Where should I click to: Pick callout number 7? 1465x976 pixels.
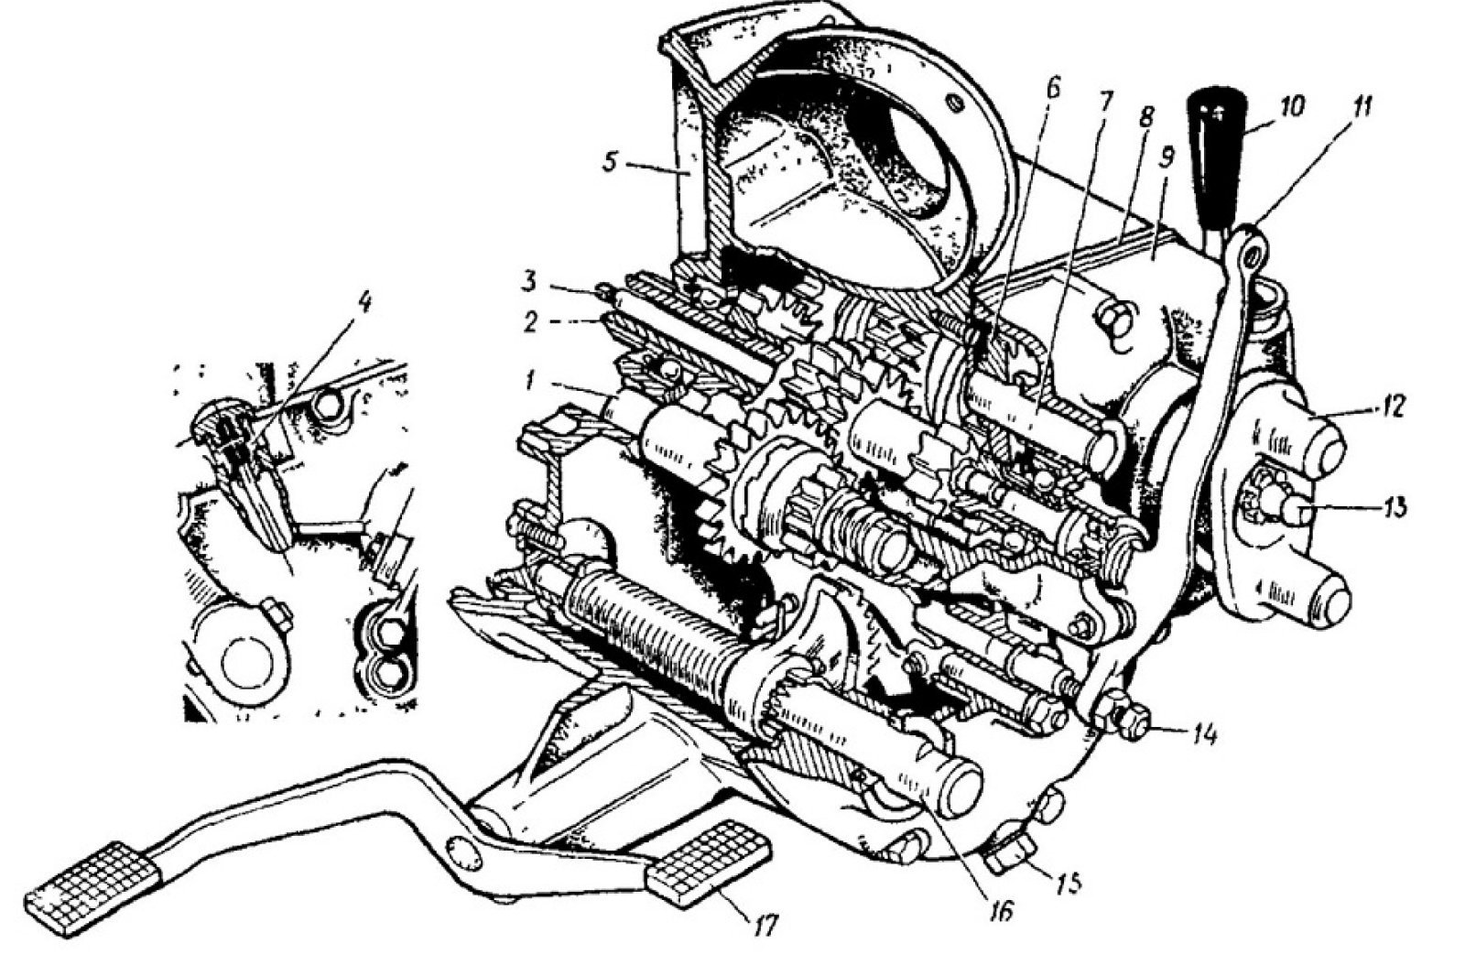point(1103,101)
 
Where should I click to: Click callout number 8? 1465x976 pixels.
point(1147,119)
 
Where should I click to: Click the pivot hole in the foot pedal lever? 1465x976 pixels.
point(463,851)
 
